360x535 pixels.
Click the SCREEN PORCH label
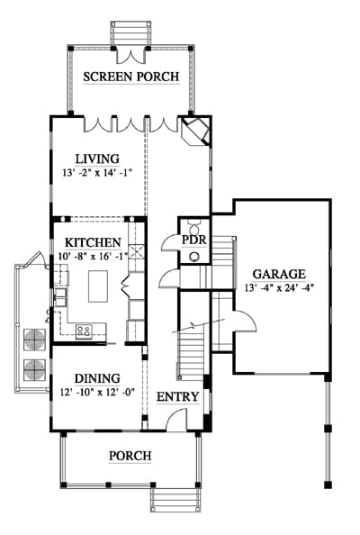coord(131,77)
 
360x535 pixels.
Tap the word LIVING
coord(97,159)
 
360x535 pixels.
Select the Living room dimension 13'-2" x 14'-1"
coord(97,173)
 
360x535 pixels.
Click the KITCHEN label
coord(93,242)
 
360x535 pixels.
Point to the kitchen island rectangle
coord(98,286)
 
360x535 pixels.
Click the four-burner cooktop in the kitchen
coord(84,331)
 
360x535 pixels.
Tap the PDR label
coord(194,240)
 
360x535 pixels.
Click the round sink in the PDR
coord(195,256)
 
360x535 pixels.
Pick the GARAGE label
coord(279,274)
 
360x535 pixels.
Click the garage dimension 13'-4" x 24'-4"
coord(279,287)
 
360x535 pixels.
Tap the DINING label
coord(97,378)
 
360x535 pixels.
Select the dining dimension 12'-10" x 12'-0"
coord(97,392)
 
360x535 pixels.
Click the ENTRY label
coord(177,397)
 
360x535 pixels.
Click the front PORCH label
coord(130,456)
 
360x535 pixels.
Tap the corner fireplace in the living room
coord(195,131)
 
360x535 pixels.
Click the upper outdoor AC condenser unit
coord(34,340)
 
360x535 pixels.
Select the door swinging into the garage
coord(244,321)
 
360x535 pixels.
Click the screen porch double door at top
coord(130,57)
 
